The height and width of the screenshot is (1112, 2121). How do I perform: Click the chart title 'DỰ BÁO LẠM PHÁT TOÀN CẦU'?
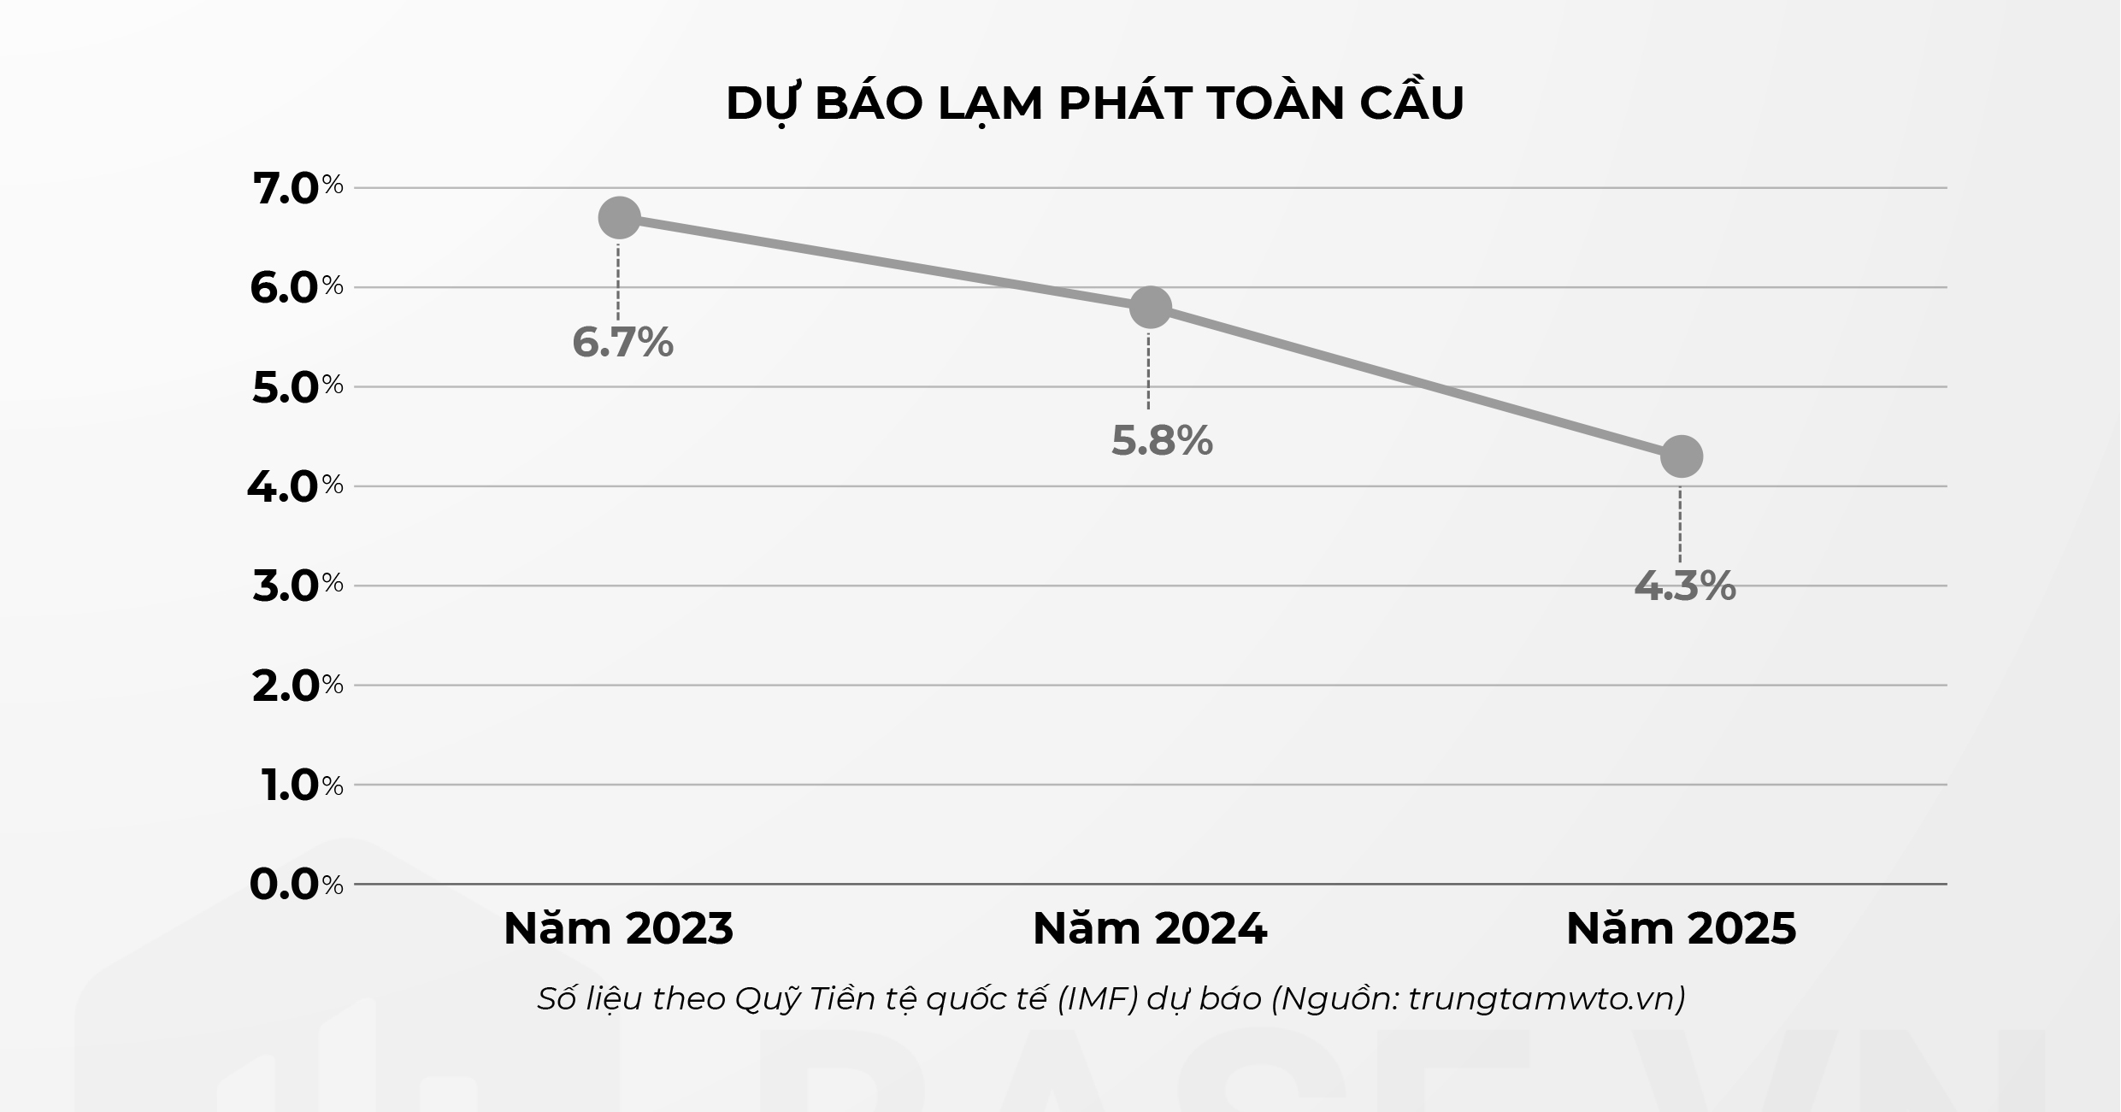coord(1094,104)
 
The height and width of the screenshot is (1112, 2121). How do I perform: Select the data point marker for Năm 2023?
coord(619,218)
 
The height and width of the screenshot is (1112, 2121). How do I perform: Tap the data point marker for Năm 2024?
coord(1150,307)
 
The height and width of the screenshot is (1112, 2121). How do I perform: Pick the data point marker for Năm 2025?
coord(1681,456)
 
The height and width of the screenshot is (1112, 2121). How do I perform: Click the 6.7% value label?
coord(622,343)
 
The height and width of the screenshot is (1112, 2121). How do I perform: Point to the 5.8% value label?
coord(1161,441)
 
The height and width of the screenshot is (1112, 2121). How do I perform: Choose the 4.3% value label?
coord(1684,586)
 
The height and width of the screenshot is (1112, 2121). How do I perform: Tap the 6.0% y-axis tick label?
coord(296,288)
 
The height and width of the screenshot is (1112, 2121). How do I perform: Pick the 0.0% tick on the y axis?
coord(296,885)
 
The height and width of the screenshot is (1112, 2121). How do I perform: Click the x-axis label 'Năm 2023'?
coord(618,929)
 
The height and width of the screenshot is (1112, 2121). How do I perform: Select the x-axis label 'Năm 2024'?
coord(1149,929)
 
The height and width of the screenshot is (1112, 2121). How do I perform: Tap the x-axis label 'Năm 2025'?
coord(1681,929)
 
